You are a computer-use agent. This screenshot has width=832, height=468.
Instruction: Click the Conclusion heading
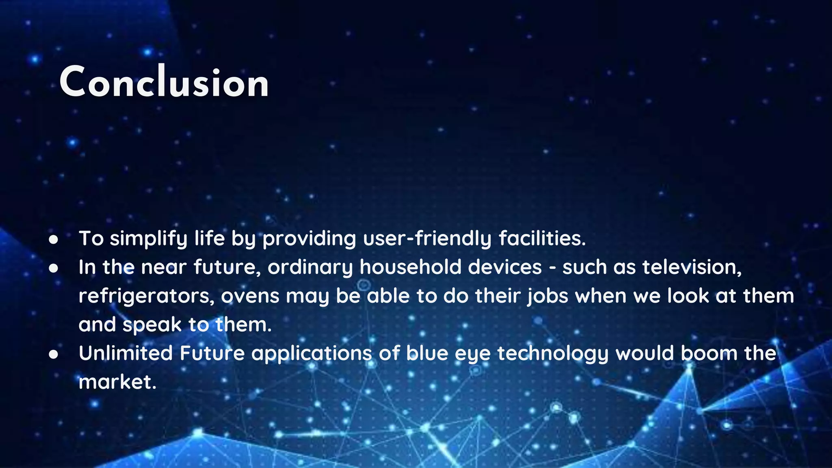point(164,82)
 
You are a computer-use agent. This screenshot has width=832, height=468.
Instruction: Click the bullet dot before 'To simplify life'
point(53,239)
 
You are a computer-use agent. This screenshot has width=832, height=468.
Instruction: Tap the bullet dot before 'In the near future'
point(53,268)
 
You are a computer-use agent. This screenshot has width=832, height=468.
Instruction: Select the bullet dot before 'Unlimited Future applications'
point(53,354)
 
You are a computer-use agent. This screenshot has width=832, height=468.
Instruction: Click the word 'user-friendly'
point(427,238)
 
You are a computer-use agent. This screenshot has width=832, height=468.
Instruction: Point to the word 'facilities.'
point(542,238)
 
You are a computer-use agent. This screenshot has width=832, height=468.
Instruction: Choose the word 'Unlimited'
point(126,353)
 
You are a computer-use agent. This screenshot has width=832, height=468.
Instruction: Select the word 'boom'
point(708,353)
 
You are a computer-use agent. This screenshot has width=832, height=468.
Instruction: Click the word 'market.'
point(117,382)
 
